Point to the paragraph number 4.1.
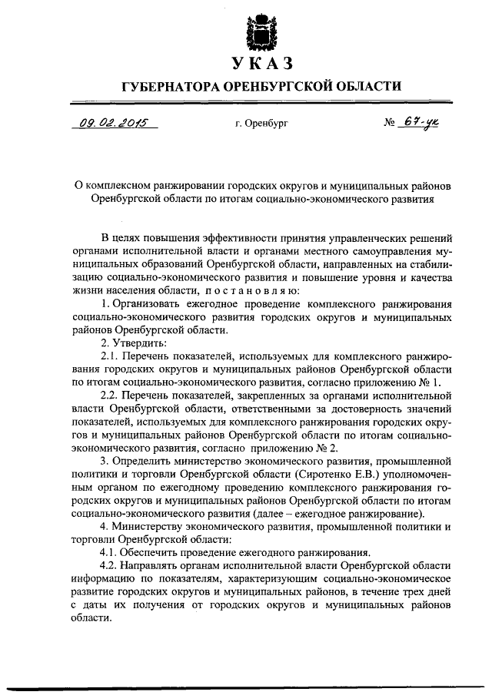110,552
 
